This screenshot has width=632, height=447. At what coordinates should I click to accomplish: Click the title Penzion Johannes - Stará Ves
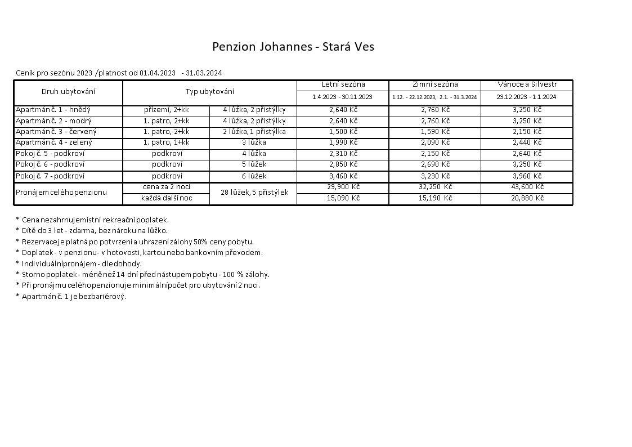pyautogui.click(x=293, y=47)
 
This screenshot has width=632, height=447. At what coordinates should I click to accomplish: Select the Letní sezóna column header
pyautogui.click(x=343, y=84)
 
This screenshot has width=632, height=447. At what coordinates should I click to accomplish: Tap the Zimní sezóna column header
pyautogui.click(x=435, y=84)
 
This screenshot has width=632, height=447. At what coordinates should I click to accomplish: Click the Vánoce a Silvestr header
pyautogui.click(x=527, y=84)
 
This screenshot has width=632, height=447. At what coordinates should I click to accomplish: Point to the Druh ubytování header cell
pyautogui.click(x=68, y=91)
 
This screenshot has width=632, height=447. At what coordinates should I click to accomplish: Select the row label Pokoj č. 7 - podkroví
pyautogui.click(x=50, y=176)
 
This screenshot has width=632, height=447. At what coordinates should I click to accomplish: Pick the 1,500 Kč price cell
pyautogui.click(x=343, y=132)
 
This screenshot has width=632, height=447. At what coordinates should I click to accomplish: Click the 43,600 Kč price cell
pyautogui.click(x=527, y=187)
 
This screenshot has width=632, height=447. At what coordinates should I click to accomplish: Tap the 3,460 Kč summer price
pyautogui.click(x=343, y=176)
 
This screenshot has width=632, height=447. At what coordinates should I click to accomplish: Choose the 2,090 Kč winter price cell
pyautogui.click(x=435, y=142)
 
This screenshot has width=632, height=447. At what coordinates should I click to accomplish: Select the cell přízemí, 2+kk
pyautogui.click(x=166, y=110)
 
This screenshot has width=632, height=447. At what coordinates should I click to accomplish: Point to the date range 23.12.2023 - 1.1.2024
pyautogui.click(x=527, y=97)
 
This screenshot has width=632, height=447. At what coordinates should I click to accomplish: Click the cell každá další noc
pyautogui.click(x=167, y=198)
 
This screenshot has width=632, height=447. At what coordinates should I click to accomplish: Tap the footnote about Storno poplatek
pyautogui.click(x=143, y=274)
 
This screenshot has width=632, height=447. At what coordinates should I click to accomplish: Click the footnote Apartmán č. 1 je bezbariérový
pyautogui.click(x=71, y=296)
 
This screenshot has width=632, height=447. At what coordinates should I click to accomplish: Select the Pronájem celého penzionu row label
pyautogui.click(x=61, y=193)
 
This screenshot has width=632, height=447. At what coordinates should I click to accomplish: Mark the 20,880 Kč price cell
pyautogui.click(x=527, y=198)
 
